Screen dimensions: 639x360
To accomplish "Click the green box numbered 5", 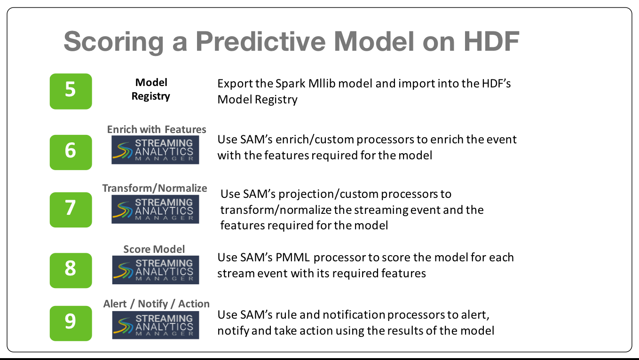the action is click(x=71, y=91).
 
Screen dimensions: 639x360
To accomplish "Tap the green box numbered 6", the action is click(x=71, y=152).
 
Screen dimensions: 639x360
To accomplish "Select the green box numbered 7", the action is click(x=71, y=210).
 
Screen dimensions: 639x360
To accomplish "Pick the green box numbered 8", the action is click(x=71, y=270).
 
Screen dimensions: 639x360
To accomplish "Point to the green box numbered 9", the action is click(x=71, y=323).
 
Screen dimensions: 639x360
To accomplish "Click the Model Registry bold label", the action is click(x=151, y=89).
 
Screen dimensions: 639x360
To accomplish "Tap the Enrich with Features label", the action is click(x=156, y=129).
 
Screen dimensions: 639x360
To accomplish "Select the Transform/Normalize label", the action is click(x=155, y=188).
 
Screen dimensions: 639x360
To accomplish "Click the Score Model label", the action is click(x=154, y=249).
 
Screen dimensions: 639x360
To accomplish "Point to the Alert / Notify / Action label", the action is click(x=156, y=304).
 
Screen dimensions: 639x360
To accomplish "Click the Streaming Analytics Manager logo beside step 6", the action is click(x=155, y=149).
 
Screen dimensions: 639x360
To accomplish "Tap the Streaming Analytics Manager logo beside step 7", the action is click(x=155, y=209).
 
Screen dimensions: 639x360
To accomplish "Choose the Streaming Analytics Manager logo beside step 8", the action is click(x=156, y=270).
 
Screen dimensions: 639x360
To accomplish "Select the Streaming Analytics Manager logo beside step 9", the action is click(x=156, y=325).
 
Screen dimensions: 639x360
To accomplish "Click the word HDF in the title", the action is click(x=491, y=41).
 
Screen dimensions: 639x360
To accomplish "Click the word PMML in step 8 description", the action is click(x=292, y=258).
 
